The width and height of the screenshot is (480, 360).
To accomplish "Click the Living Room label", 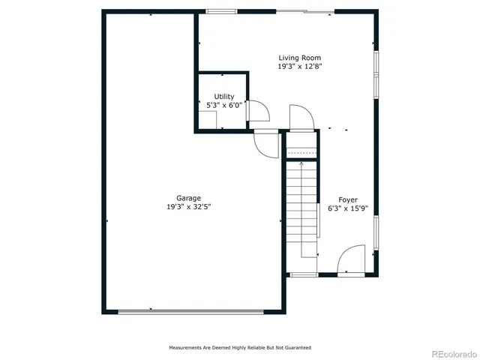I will click(x=300, y=58).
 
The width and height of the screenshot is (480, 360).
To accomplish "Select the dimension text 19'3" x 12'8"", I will click(x=300, y=67).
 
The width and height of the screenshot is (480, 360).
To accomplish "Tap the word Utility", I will click(x=223, y=97).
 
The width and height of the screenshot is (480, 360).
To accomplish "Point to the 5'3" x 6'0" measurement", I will click(x=223, y=106).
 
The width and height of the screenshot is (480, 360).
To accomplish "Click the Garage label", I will click(x=188, y=198).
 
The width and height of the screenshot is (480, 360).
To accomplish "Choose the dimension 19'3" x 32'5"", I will click(x=188, y=207).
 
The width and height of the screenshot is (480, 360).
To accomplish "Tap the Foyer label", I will click(x=347, y=199).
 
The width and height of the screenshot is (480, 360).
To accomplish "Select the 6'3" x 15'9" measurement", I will click(x=347, y=209).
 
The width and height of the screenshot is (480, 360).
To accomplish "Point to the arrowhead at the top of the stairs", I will click(x=301, y=163).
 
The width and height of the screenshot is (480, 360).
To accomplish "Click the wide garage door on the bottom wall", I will click(x=191, y=312).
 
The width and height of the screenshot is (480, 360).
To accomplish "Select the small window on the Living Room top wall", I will click(x=218, y=11).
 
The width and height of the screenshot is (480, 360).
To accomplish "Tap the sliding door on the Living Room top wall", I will click(x=304, y=11).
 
